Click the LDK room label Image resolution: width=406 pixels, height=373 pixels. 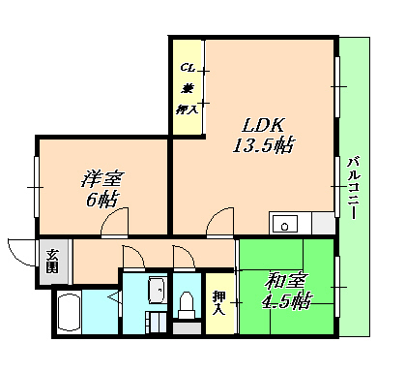coord(261,126)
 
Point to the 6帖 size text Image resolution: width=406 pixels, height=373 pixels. coord(101,201)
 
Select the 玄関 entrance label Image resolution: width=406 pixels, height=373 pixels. coord(51,261)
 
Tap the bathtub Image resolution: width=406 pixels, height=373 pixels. coord(67,315)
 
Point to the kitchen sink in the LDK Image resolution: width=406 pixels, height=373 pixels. coord(286,224)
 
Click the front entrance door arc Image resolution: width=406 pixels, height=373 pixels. coord(18,251)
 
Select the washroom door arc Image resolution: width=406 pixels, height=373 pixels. coord(132,256)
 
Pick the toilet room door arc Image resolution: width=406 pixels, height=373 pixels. coord(184,256)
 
